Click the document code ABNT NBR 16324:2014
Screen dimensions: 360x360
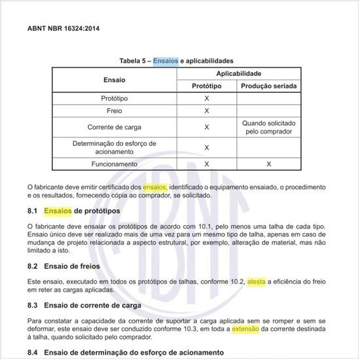[x=63, y=29]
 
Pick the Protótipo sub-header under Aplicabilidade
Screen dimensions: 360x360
[x=207, y=86]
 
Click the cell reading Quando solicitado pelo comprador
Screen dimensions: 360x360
[x=268, y=127]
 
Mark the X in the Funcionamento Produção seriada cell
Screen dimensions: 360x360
[x=268, y=164]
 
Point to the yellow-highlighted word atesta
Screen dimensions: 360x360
[x=257, y=281]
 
